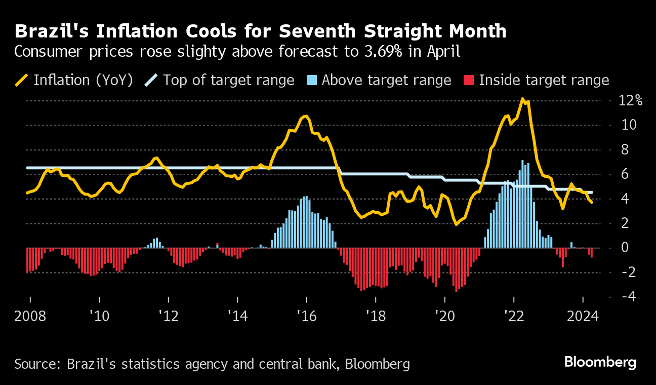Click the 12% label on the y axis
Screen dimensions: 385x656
tap(630, 100)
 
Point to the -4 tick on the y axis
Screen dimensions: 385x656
tap(624, 296)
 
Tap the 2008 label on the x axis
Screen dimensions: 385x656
tap(30, 317)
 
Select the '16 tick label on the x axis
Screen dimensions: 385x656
tap(306, 317)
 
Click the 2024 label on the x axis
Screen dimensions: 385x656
tap(583, 317)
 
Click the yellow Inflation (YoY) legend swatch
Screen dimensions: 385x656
tap(22, 80)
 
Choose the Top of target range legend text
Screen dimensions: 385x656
tap(229, 80)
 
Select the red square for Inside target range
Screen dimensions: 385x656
tap(469, 80)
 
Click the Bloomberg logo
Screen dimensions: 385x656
tap(600, 362)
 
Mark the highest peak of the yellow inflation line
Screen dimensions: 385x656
tap(522, 99)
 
